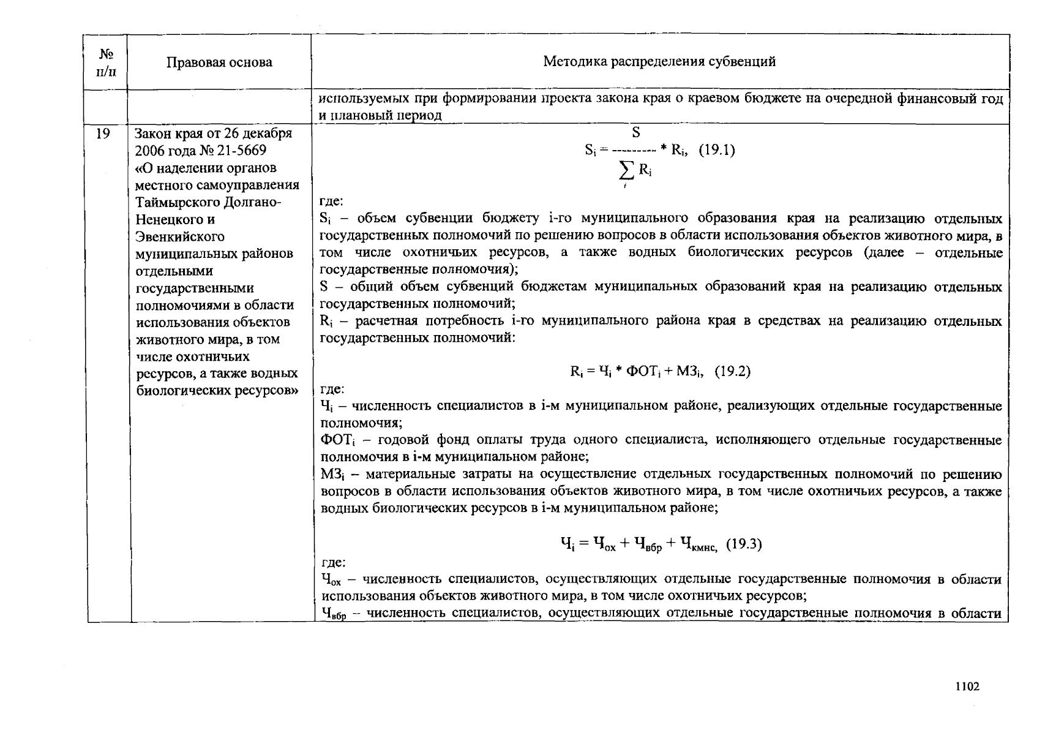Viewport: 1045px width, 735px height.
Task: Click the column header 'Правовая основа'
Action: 219,62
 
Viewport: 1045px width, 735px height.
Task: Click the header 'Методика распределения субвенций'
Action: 659,61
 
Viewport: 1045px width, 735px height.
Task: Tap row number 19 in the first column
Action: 103,134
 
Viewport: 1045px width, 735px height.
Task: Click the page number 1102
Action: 968,687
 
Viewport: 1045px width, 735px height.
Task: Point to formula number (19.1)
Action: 716,150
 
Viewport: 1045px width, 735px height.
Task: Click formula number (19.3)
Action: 743,544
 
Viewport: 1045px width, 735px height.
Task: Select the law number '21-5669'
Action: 245,151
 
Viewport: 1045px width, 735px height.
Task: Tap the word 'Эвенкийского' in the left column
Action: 180,236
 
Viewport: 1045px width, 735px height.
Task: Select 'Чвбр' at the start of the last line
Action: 333,614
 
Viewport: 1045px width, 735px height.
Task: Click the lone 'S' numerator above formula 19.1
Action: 635,133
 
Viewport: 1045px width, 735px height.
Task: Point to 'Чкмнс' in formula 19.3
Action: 700,545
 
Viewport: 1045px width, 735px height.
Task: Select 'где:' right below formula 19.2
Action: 332,389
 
